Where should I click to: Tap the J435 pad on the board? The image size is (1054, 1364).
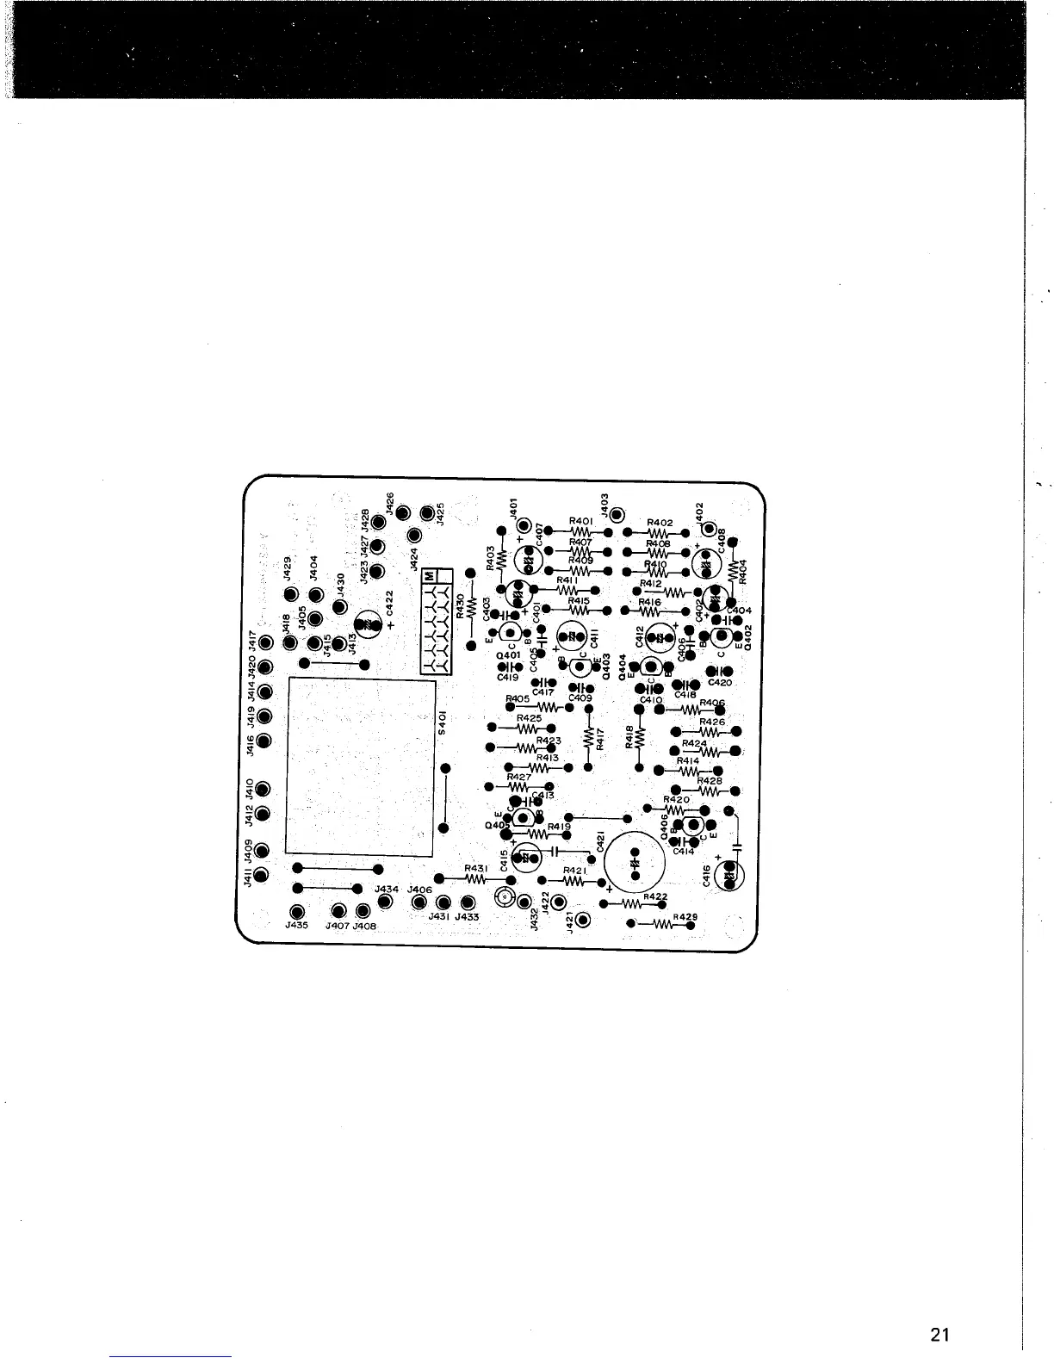click(x=298, y=912)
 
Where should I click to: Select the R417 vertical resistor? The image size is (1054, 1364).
click(x=588, y=740)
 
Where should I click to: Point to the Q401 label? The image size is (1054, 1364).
click(x=508, y=655)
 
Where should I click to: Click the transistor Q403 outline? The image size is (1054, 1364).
click(x=575, y=662)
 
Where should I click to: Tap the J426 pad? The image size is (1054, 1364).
click(x=403, y=515)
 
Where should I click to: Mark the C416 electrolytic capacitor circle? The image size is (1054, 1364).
click(x=730, y=877)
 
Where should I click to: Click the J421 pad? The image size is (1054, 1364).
click(x=582, y=920)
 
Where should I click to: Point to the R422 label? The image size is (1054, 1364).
click(x=655, y=896)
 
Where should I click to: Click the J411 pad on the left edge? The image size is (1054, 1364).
click(x=263, y=875)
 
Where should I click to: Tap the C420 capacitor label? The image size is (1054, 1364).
click(x=720, y=683)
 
